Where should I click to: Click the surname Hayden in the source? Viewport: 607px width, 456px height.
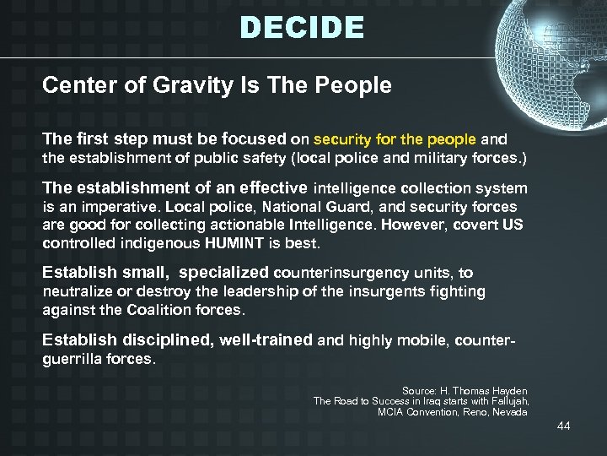tap(508, 391)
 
